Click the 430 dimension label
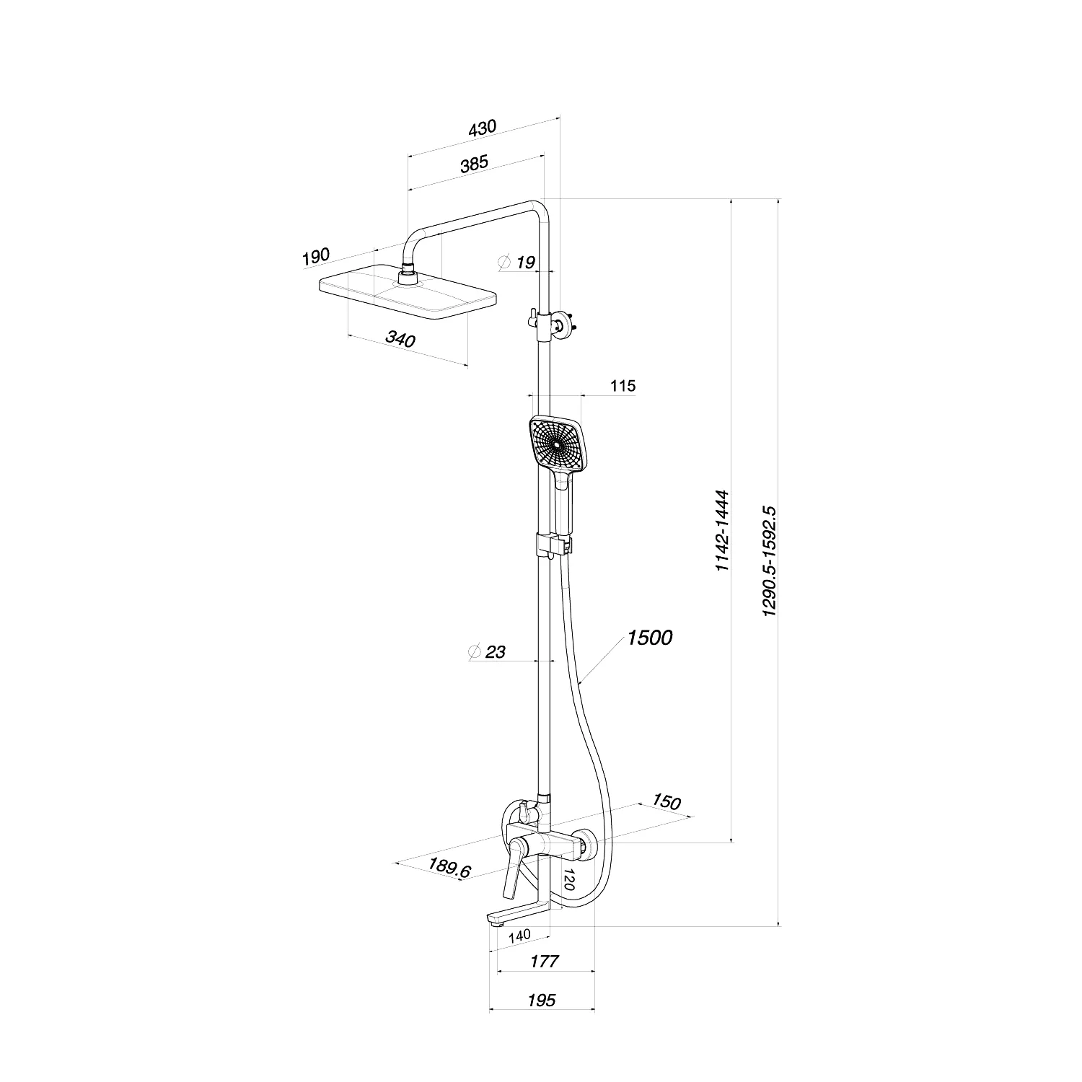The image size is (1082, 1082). click(x=483, y=129)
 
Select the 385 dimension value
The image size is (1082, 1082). click(x=475, y=164)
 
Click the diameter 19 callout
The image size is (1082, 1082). click(x=517, y=262)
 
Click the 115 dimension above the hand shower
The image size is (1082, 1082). click(x=623, y=386)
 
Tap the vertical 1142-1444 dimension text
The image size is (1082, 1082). click(x=723, y=532)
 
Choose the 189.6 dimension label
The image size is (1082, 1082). click(x=449, y=867)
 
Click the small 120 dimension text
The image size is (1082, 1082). click(x=568, y=879)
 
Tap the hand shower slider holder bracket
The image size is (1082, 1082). click(x=554, y=545)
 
